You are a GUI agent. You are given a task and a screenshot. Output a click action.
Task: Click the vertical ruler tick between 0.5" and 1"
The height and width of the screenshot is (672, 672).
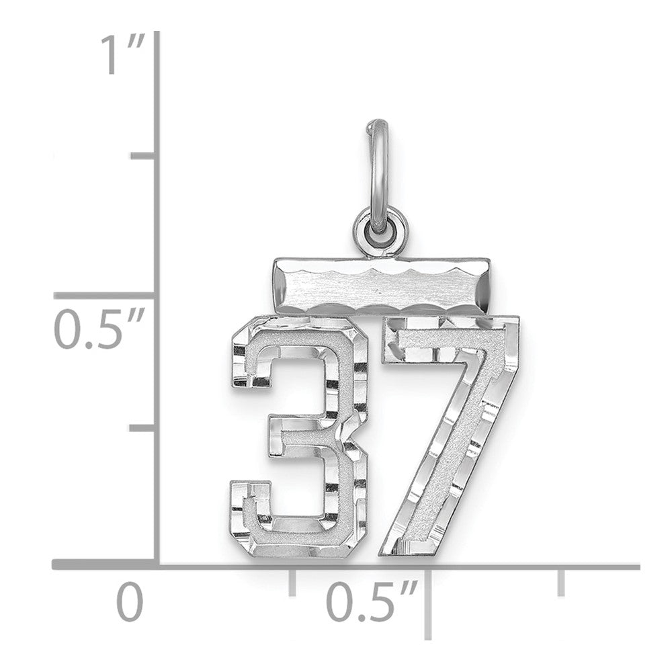point(142,156)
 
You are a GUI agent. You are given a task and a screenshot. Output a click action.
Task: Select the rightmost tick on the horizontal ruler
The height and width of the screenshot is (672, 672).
point(560,583)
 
